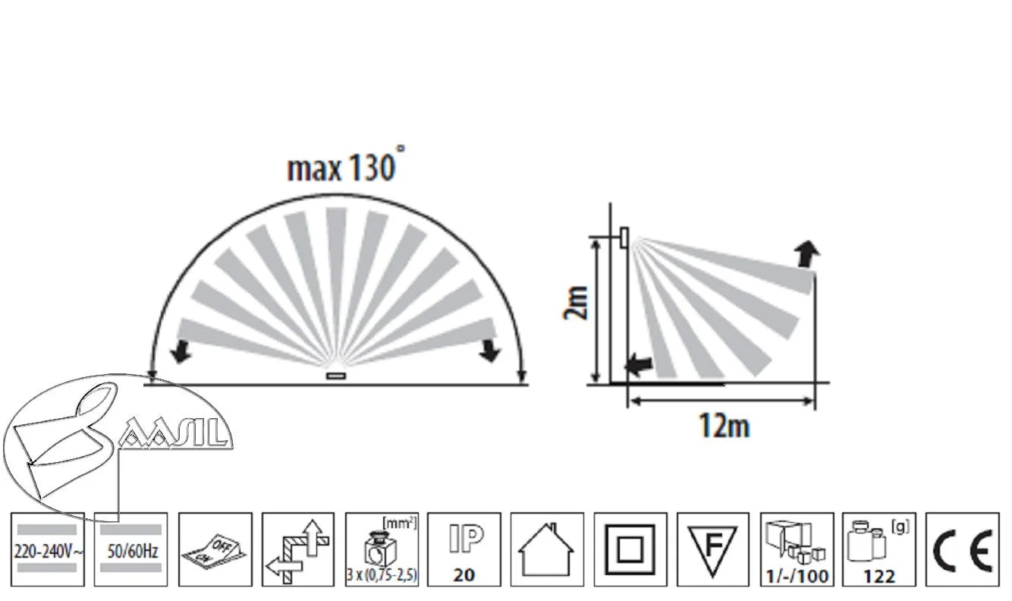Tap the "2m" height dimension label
(577, 303)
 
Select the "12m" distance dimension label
(724, 426)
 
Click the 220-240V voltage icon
(48, 549)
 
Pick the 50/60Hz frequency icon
(130, 549)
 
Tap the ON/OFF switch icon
(215, 549)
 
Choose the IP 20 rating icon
(464, 549)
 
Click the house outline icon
(547, 549)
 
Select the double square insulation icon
(630, 549)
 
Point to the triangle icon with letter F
(713, 549)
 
